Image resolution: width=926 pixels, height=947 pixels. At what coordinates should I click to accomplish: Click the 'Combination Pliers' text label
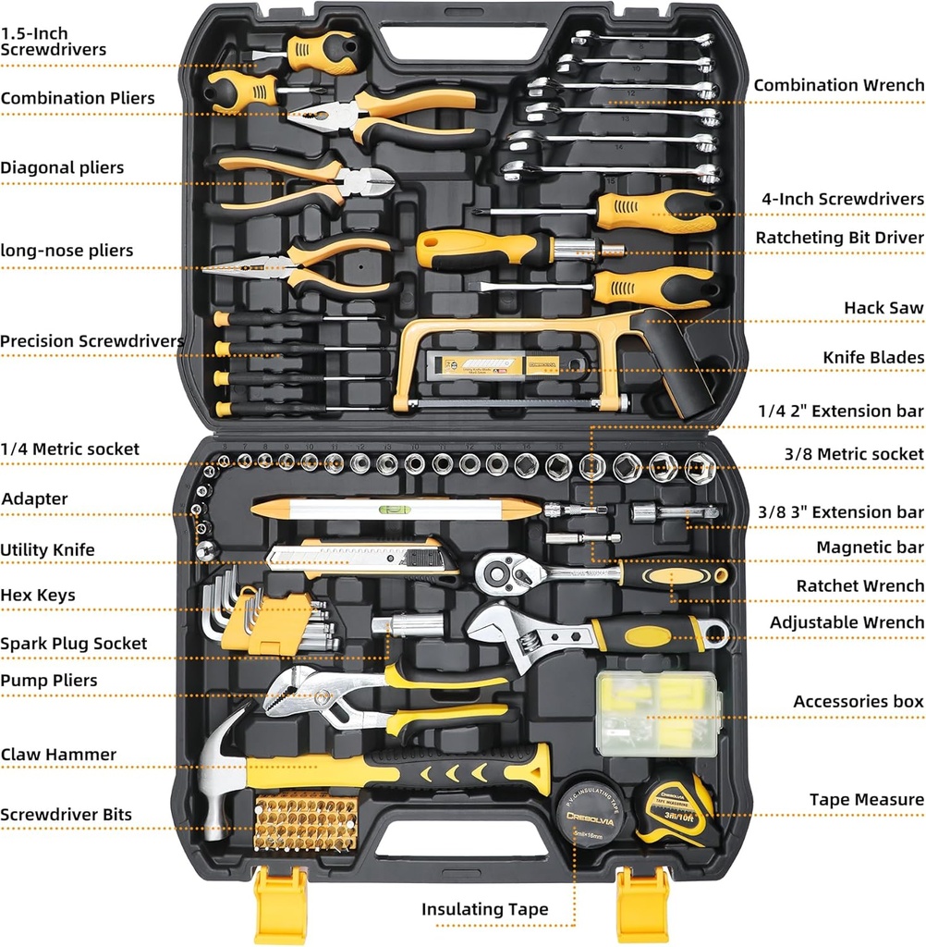click(78, 98)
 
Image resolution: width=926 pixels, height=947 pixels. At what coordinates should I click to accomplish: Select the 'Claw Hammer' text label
click(58, 755)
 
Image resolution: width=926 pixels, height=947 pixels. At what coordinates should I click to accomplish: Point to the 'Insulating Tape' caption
click(484, 909)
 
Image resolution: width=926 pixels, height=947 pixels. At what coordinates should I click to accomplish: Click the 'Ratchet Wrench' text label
click(859, 585)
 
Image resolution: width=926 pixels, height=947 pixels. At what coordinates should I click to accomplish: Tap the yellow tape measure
click(675, 810)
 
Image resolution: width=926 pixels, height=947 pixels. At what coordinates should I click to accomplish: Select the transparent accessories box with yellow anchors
click(657, 711)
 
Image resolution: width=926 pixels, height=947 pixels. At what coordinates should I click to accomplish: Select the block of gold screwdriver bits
click(305, 820)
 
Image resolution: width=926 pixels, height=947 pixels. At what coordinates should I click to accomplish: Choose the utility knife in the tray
click(360, 557)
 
